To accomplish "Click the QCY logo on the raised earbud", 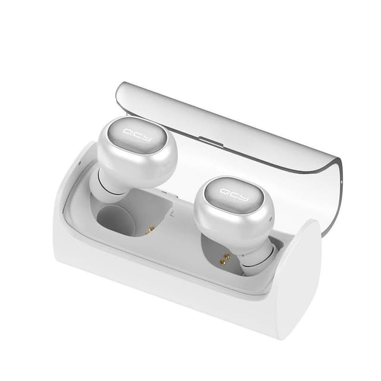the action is point(138,136).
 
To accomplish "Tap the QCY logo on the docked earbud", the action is point(235,195).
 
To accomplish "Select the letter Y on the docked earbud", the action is point(243,198).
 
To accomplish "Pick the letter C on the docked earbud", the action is point(235,195).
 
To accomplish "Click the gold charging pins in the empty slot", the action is point(150,230).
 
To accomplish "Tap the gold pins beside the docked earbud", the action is point(225,258).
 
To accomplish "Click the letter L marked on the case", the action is point(172,214).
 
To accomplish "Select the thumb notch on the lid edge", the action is point(211,142).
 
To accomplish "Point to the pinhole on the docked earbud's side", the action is point(270,218).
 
